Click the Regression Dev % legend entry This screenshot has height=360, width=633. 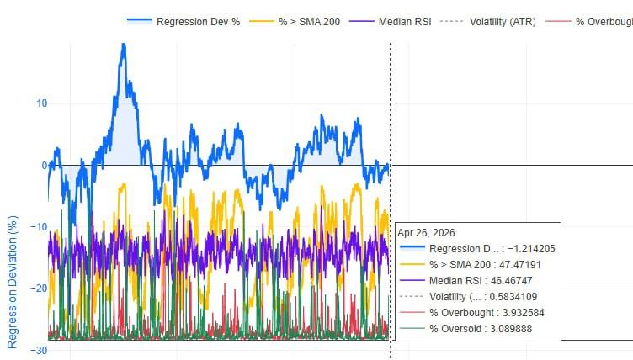184,21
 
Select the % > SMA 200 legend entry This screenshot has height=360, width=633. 295,21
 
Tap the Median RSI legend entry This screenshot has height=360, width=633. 390,21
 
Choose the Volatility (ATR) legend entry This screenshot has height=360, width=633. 488,21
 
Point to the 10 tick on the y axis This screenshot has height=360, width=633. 42,103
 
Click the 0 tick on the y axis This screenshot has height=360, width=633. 45,165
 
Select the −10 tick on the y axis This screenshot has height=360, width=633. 39,227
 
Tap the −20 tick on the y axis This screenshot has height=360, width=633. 39,289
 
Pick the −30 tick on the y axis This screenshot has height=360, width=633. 39,350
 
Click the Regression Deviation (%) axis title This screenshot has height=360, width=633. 13,282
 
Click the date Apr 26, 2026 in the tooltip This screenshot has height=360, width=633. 426,233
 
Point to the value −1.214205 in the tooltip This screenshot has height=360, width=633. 531,249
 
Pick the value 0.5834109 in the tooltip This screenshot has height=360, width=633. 513,297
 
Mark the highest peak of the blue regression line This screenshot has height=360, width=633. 124,45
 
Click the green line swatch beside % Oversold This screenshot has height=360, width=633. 412,329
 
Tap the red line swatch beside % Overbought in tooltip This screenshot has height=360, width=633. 412,313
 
